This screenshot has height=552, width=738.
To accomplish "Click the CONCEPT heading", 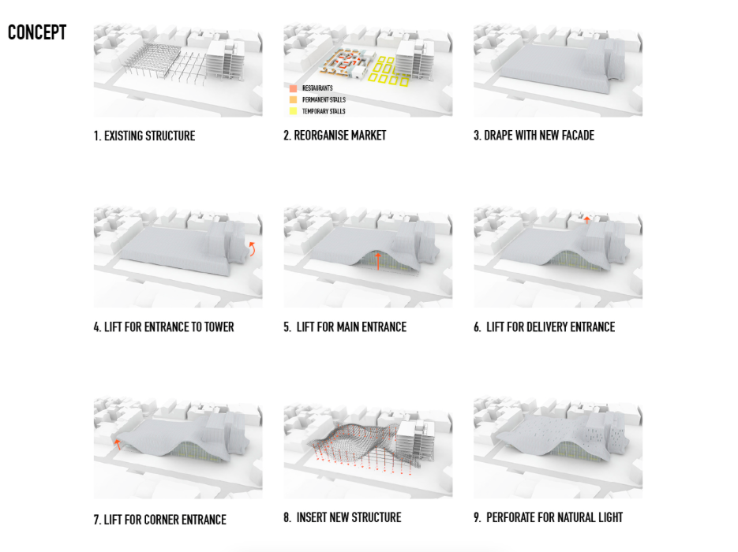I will point(37,33).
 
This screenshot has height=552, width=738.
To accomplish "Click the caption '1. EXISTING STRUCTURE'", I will point(144,136).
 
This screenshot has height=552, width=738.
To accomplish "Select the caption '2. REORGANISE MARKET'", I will point(335,136).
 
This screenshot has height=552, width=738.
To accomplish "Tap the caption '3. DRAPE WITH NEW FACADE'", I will point(534,136).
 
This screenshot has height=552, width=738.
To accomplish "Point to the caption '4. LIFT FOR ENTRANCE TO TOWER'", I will point(163,326).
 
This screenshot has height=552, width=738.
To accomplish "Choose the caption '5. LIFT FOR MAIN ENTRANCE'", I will point(345,326).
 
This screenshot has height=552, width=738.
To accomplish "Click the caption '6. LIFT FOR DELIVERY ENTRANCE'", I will point(544,326).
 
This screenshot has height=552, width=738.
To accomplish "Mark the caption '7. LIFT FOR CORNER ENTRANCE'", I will point(159,520).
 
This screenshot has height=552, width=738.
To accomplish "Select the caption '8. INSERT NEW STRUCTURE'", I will point(343,518).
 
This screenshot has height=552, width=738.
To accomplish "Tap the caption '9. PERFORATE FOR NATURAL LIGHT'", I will point(548,518).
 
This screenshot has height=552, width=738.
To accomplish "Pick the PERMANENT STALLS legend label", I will point(324,100).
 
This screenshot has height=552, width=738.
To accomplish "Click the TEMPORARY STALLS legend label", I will point(324,111).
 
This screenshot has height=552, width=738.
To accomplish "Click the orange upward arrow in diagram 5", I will point(378,261).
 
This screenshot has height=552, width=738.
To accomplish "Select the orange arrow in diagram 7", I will point(118,443).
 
